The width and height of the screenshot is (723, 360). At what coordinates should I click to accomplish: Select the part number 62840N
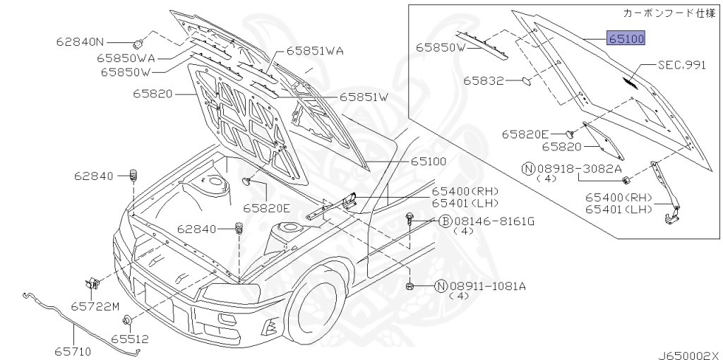tap(80, 42)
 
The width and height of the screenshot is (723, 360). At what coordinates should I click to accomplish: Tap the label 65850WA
tap(127, 58)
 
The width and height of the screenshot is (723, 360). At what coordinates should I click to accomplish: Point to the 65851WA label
tap(315, 51)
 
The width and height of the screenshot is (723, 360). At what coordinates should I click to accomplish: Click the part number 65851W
tap(364, 97)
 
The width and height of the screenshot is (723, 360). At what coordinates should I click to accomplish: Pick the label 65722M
tap(95, 306)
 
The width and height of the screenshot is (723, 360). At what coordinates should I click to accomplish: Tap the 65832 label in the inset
tap(484, 80)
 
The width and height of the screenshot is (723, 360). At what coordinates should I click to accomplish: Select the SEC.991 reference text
tap(682, 64)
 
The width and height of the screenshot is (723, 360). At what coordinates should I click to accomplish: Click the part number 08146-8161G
tap(494, 222)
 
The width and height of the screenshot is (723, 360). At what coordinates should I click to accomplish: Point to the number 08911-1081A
tap(488, 286)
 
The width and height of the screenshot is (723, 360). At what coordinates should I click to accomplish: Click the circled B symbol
tap(445, 222)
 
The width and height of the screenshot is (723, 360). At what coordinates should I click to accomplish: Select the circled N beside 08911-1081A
tap(441, 286)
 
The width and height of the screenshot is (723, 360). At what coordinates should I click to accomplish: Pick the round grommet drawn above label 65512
tap(127, 322)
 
